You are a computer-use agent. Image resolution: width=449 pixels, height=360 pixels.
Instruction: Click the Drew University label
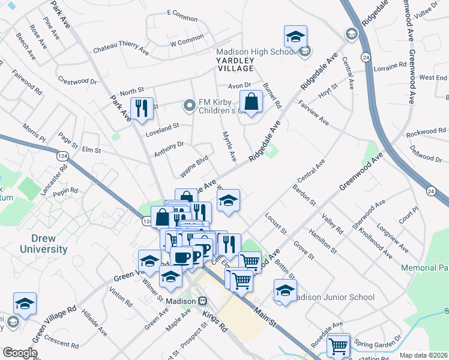click(41, 243)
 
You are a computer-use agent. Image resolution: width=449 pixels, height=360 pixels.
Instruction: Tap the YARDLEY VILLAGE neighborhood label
click(239, 64)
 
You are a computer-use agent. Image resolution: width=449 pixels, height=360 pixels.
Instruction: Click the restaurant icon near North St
click(142, 109)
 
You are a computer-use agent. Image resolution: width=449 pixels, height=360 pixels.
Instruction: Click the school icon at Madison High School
click(295, 37)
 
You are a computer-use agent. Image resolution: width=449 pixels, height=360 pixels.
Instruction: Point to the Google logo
click(20, 353)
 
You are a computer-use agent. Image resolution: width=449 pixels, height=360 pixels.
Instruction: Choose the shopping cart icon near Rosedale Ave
click(339, 346)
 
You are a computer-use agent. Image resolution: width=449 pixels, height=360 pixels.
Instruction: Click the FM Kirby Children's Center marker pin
click(190, 106)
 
